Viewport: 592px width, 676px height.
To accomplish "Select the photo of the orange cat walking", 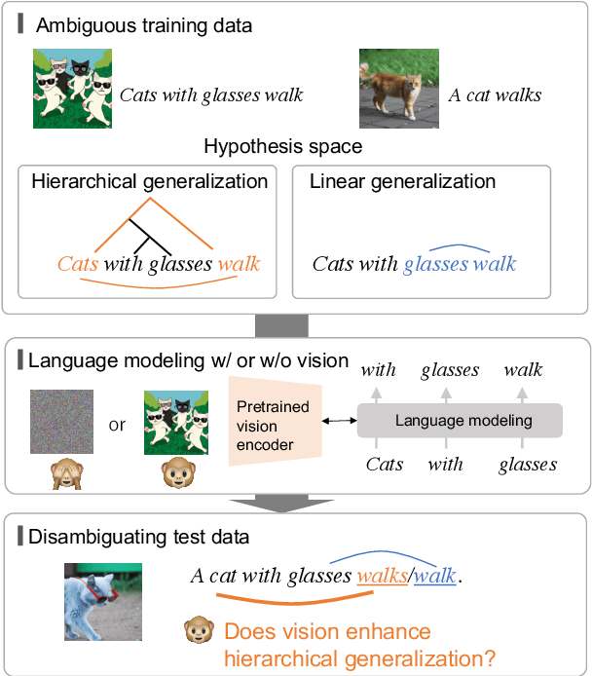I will (397, 90).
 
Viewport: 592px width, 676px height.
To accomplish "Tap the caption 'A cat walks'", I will (495, 95).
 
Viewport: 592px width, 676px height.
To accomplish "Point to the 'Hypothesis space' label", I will (282, 147).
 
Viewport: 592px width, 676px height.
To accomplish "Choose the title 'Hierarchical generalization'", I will (150, 181).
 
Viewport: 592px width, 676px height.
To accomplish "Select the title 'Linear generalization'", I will (402, 181).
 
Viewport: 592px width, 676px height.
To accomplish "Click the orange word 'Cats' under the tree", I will (78, 264).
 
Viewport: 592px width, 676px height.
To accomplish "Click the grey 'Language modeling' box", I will (460, 421).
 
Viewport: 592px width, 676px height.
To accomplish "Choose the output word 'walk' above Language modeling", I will (523, 370).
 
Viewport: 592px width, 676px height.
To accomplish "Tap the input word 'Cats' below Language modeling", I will (385, 465).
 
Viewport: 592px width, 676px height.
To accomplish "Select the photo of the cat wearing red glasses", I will (103, 602).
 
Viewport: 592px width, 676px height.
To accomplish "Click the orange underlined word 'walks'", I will (382, 576).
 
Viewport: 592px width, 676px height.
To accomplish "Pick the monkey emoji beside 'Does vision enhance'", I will (199, 631).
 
